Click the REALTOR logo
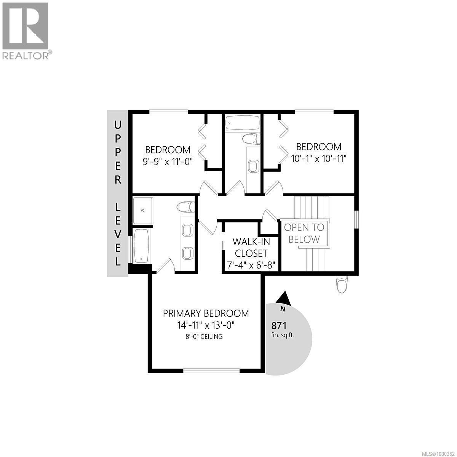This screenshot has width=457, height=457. pos(26,30)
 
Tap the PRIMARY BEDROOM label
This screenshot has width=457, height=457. pos(206,313)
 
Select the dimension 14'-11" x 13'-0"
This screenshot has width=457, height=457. pos(206,325)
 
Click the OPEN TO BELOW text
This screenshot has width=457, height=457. pos(304,233)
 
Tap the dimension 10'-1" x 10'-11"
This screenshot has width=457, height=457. pos(319,158)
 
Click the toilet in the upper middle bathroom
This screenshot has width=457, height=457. pos(251,139)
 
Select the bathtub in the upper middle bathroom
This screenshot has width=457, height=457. pos(242,123)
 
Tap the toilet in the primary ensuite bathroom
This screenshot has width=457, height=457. pos(186,207)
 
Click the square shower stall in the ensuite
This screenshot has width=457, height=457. pos(143,210)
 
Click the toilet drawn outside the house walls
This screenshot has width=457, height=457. pos(342,283)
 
